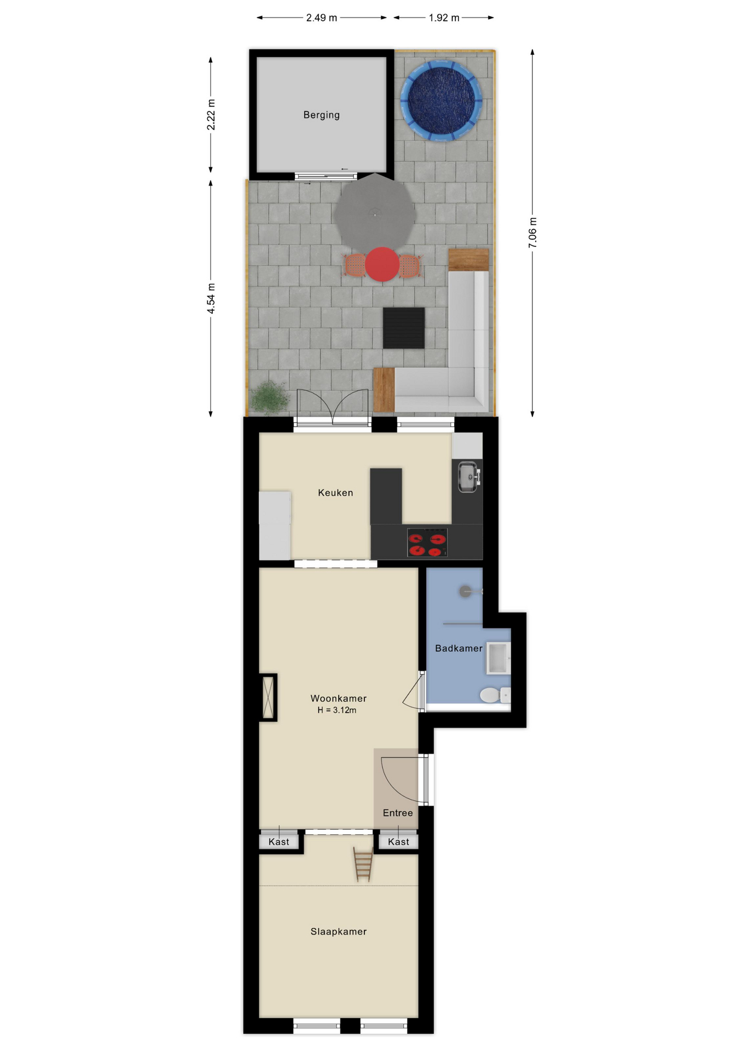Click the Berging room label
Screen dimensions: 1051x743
[321, 115]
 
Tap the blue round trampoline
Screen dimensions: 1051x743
[441, 101]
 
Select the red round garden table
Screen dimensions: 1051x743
[382, 264]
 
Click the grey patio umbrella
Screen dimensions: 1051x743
[375, 213]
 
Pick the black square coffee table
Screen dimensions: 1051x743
[403, 328]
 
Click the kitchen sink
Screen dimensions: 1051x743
[468, 477]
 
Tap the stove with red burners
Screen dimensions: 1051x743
[427, 542]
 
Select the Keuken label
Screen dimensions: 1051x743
[335, 493]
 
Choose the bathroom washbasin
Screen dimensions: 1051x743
[498, 658]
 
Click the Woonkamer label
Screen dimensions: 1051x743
[338, 698]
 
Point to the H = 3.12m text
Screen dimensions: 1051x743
[336, 710]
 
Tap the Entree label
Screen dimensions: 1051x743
[398, 813]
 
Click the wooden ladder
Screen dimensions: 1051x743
[363, 864]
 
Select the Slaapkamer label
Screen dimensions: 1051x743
[338, 932]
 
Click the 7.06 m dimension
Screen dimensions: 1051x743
[532, 233]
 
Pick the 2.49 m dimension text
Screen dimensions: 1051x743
[321, 18]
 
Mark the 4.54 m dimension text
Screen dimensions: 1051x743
[211, 299]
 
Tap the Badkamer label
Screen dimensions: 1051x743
[458, 648]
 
